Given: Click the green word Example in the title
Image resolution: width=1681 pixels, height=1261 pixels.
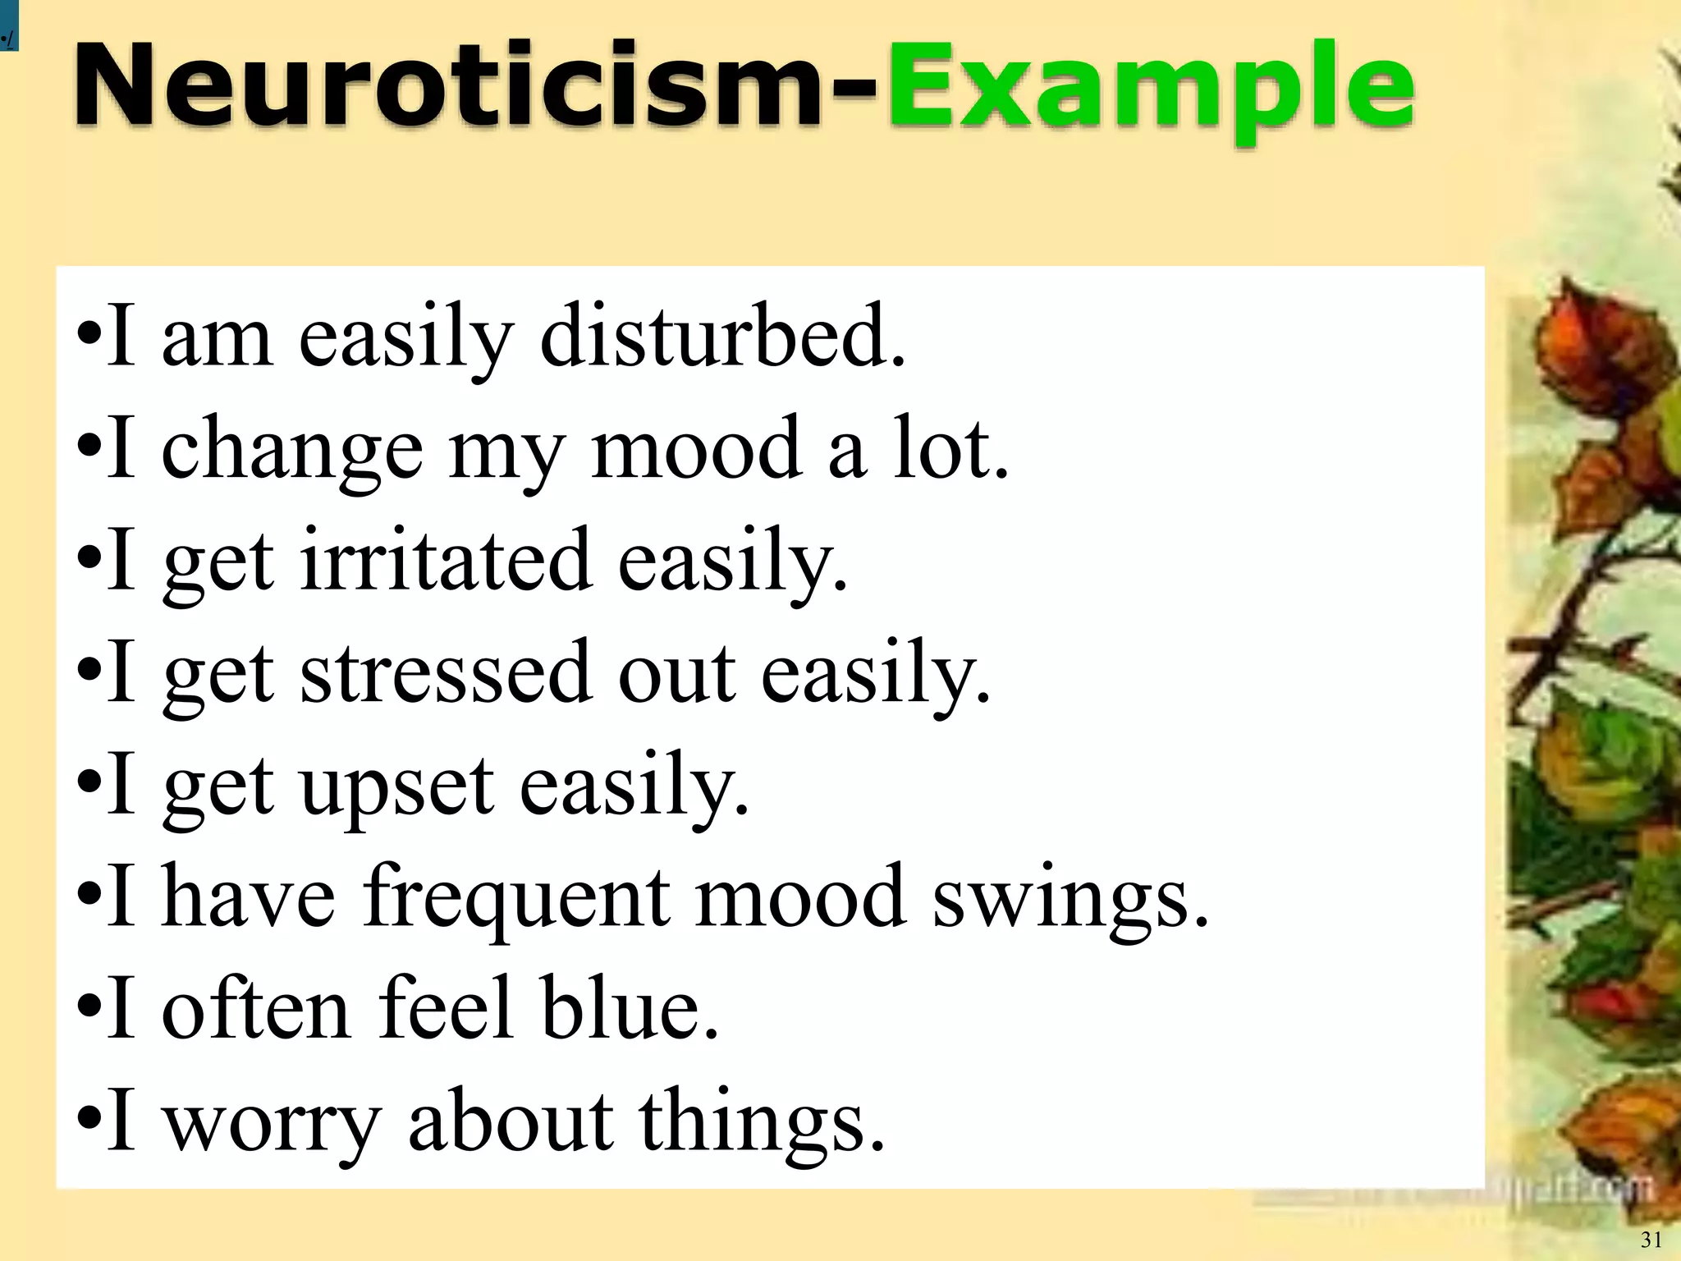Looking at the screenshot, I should [x=1149, y=90].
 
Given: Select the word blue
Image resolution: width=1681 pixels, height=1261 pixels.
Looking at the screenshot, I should [x=629, y=1008].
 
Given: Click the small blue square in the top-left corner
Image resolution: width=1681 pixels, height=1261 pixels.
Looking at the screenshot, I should [x=8, y=25].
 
